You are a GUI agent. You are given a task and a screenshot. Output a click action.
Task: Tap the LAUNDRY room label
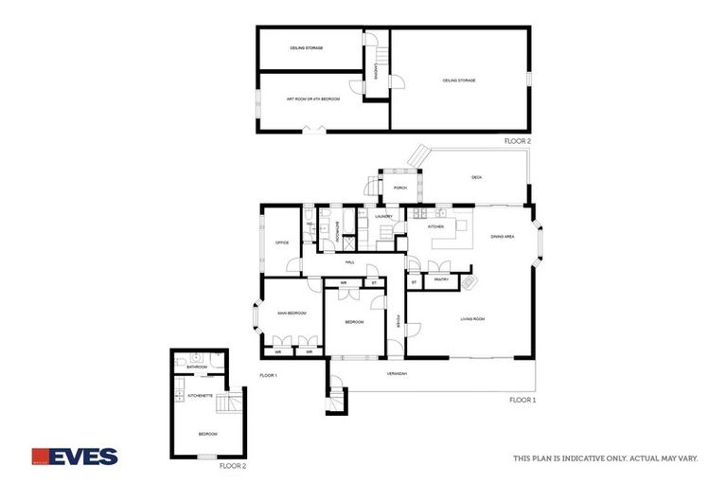pyautogui.click(x=383, y=217)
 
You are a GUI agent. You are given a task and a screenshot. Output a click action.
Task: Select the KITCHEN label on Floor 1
pyautogui.click(x=435, y=227)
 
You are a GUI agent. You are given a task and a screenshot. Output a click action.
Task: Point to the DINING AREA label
pyautogui.click(x=502, y=237)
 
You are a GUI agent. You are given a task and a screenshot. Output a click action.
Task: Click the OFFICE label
pyautogui.click(x=281, y=243)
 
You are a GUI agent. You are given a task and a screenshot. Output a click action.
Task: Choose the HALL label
pyautogui.click(x=349, y=262)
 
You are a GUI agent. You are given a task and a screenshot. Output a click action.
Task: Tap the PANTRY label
pyautogui.click(x=440, y=280)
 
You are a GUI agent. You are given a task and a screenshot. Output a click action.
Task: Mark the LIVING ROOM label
pyautogui.click(x=472, y=319)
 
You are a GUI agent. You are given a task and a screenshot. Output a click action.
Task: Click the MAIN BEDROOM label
pyautogui.click(x=291, y=313)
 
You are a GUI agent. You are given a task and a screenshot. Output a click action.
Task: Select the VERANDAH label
pyautogui.click(x=397, y=374)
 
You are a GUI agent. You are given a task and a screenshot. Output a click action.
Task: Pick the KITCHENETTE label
pyautogui.click(x=200, y=395)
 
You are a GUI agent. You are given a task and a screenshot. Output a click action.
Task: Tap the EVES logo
pyautogui.click(x=75, y=457)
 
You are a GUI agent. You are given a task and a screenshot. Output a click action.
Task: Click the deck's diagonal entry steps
pyautogui.click(x=419, y=155)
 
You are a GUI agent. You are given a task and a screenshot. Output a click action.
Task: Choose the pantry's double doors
pyautogui.click(x=439, y=267)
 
